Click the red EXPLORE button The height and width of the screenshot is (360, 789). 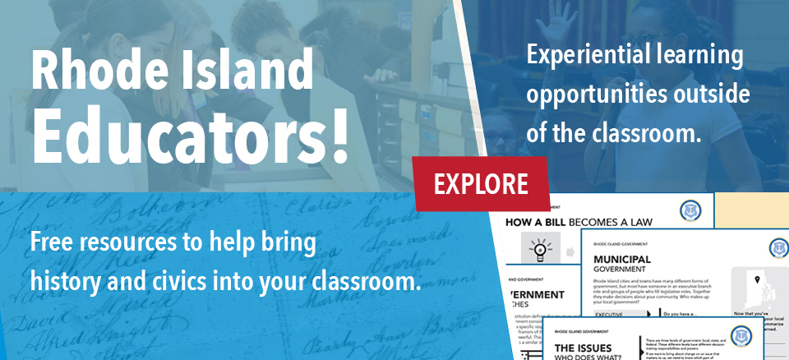480,183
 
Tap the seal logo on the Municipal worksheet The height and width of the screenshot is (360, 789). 777,248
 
